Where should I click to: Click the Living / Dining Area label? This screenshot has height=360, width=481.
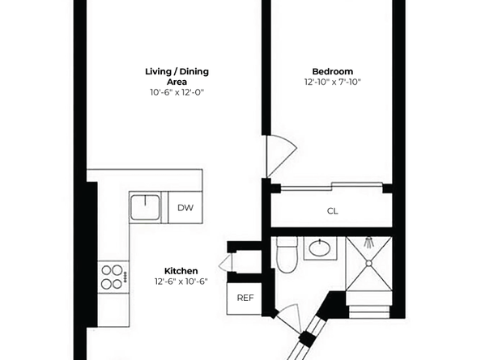[177, 77]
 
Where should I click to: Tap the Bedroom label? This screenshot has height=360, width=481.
[332, 71]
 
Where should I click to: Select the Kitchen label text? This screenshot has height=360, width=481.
[181, 270]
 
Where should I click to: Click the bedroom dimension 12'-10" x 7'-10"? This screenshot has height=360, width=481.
[332, 83]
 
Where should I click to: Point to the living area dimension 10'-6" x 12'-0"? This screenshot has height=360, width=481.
[177, 92]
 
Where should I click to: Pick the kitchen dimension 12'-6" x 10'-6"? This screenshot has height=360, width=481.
[181, 282]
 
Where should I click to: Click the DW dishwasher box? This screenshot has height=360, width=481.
[185, 208]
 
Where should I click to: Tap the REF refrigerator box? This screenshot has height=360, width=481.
[245, 298]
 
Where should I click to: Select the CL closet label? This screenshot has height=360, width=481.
[332, 212]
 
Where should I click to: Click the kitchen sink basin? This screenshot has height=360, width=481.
[146, 206]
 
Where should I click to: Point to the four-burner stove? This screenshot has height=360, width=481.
[113, 277]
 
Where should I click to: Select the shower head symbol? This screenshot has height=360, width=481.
[368, 242]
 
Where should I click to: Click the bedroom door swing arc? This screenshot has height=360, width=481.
[282, 154]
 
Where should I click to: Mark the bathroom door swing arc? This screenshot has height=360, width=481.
[292, 314]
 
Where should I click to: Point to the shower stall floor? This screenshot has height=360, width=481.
[368, 271]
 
